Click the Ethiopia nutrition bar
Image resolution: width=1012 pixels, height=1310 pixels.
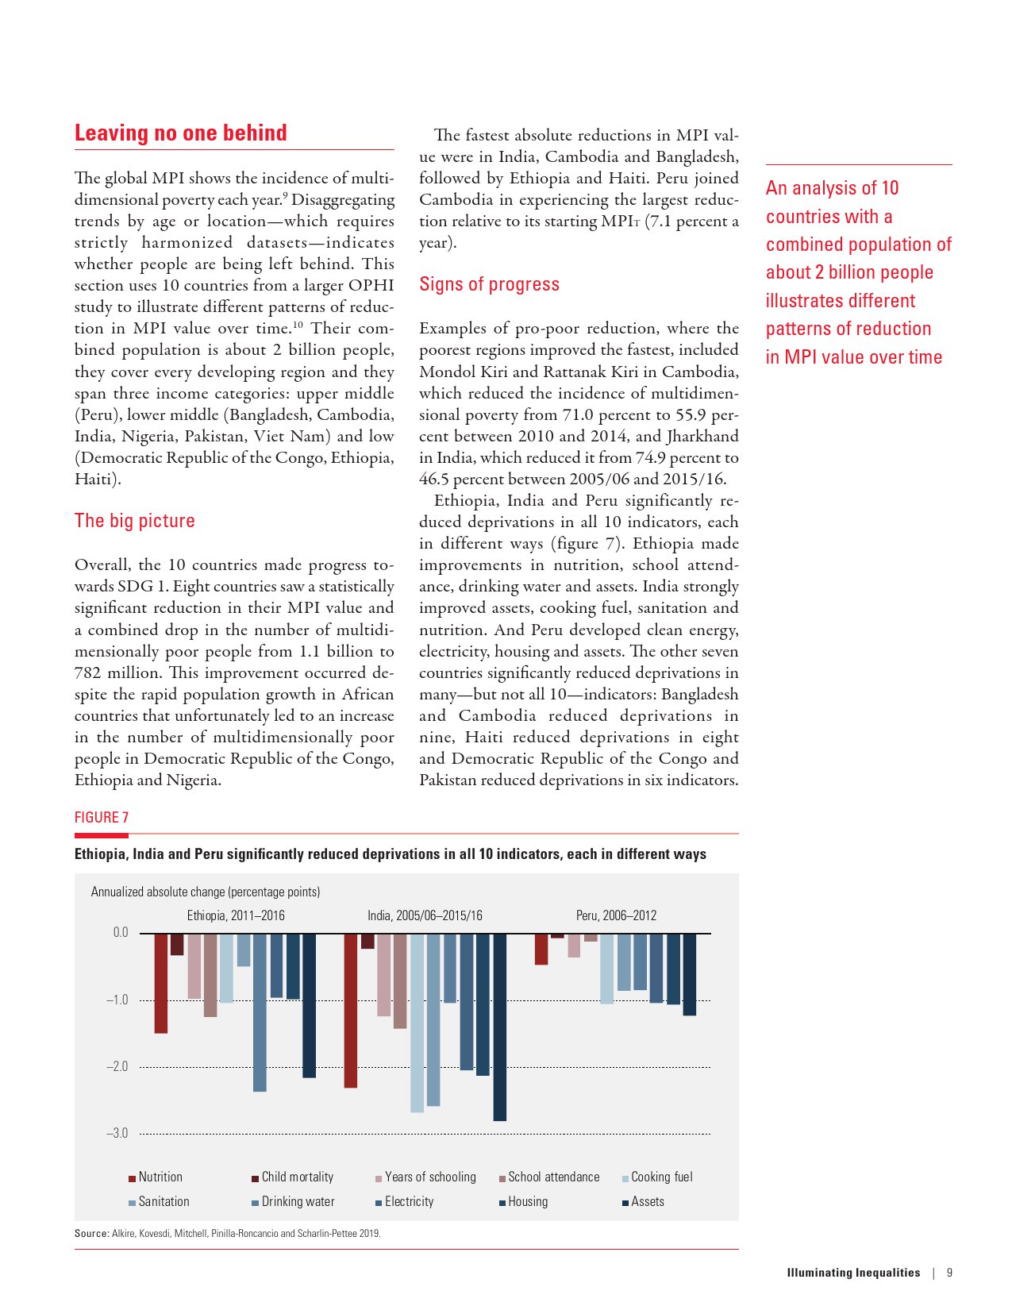(161, 983)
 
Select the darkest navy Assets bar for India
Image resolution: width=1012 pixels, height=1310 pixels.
(499, 1027)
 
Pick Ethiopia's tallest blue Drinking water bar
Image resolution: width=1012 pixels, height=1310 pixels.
(260, 1012)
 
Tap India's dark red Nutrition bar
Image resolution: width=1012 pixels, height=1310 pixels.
(350, 1010)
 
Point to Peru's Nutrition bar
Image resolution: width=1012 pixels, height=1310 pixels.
(541, 949)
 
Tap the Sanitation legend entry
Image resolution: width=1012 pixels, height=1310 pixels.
(164, 1202)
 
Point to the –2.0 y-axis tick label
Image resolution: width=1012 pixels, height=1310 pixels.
(117, 1067)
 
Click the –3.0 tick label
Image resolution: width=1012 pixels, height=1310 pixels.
(117, 1134)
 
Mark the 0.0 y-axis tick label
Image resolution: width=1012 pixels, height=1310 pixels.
(120, 933)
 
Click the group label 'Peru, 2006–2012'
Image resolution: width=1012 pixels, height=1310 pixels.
(616, 915)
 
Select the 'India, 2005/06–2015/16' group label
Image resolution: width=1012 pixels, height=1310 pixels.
(425, 915)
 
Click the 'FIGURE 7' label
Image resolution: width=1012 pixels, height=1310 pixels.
(102, 818)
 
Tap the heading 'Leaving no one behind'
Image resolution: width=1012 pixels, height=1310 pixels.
(181, 133)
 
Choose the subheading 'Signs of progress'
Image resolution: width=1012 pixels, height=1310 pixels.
(489, 284)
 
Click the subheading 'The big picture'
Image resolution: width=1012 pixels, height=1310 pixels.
(135, 521)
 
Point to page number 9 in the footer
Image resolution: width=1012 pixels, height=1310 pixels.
(949, 1273)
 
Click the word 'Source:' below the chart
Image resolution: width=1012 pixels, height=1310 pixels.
(91, 1234)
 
